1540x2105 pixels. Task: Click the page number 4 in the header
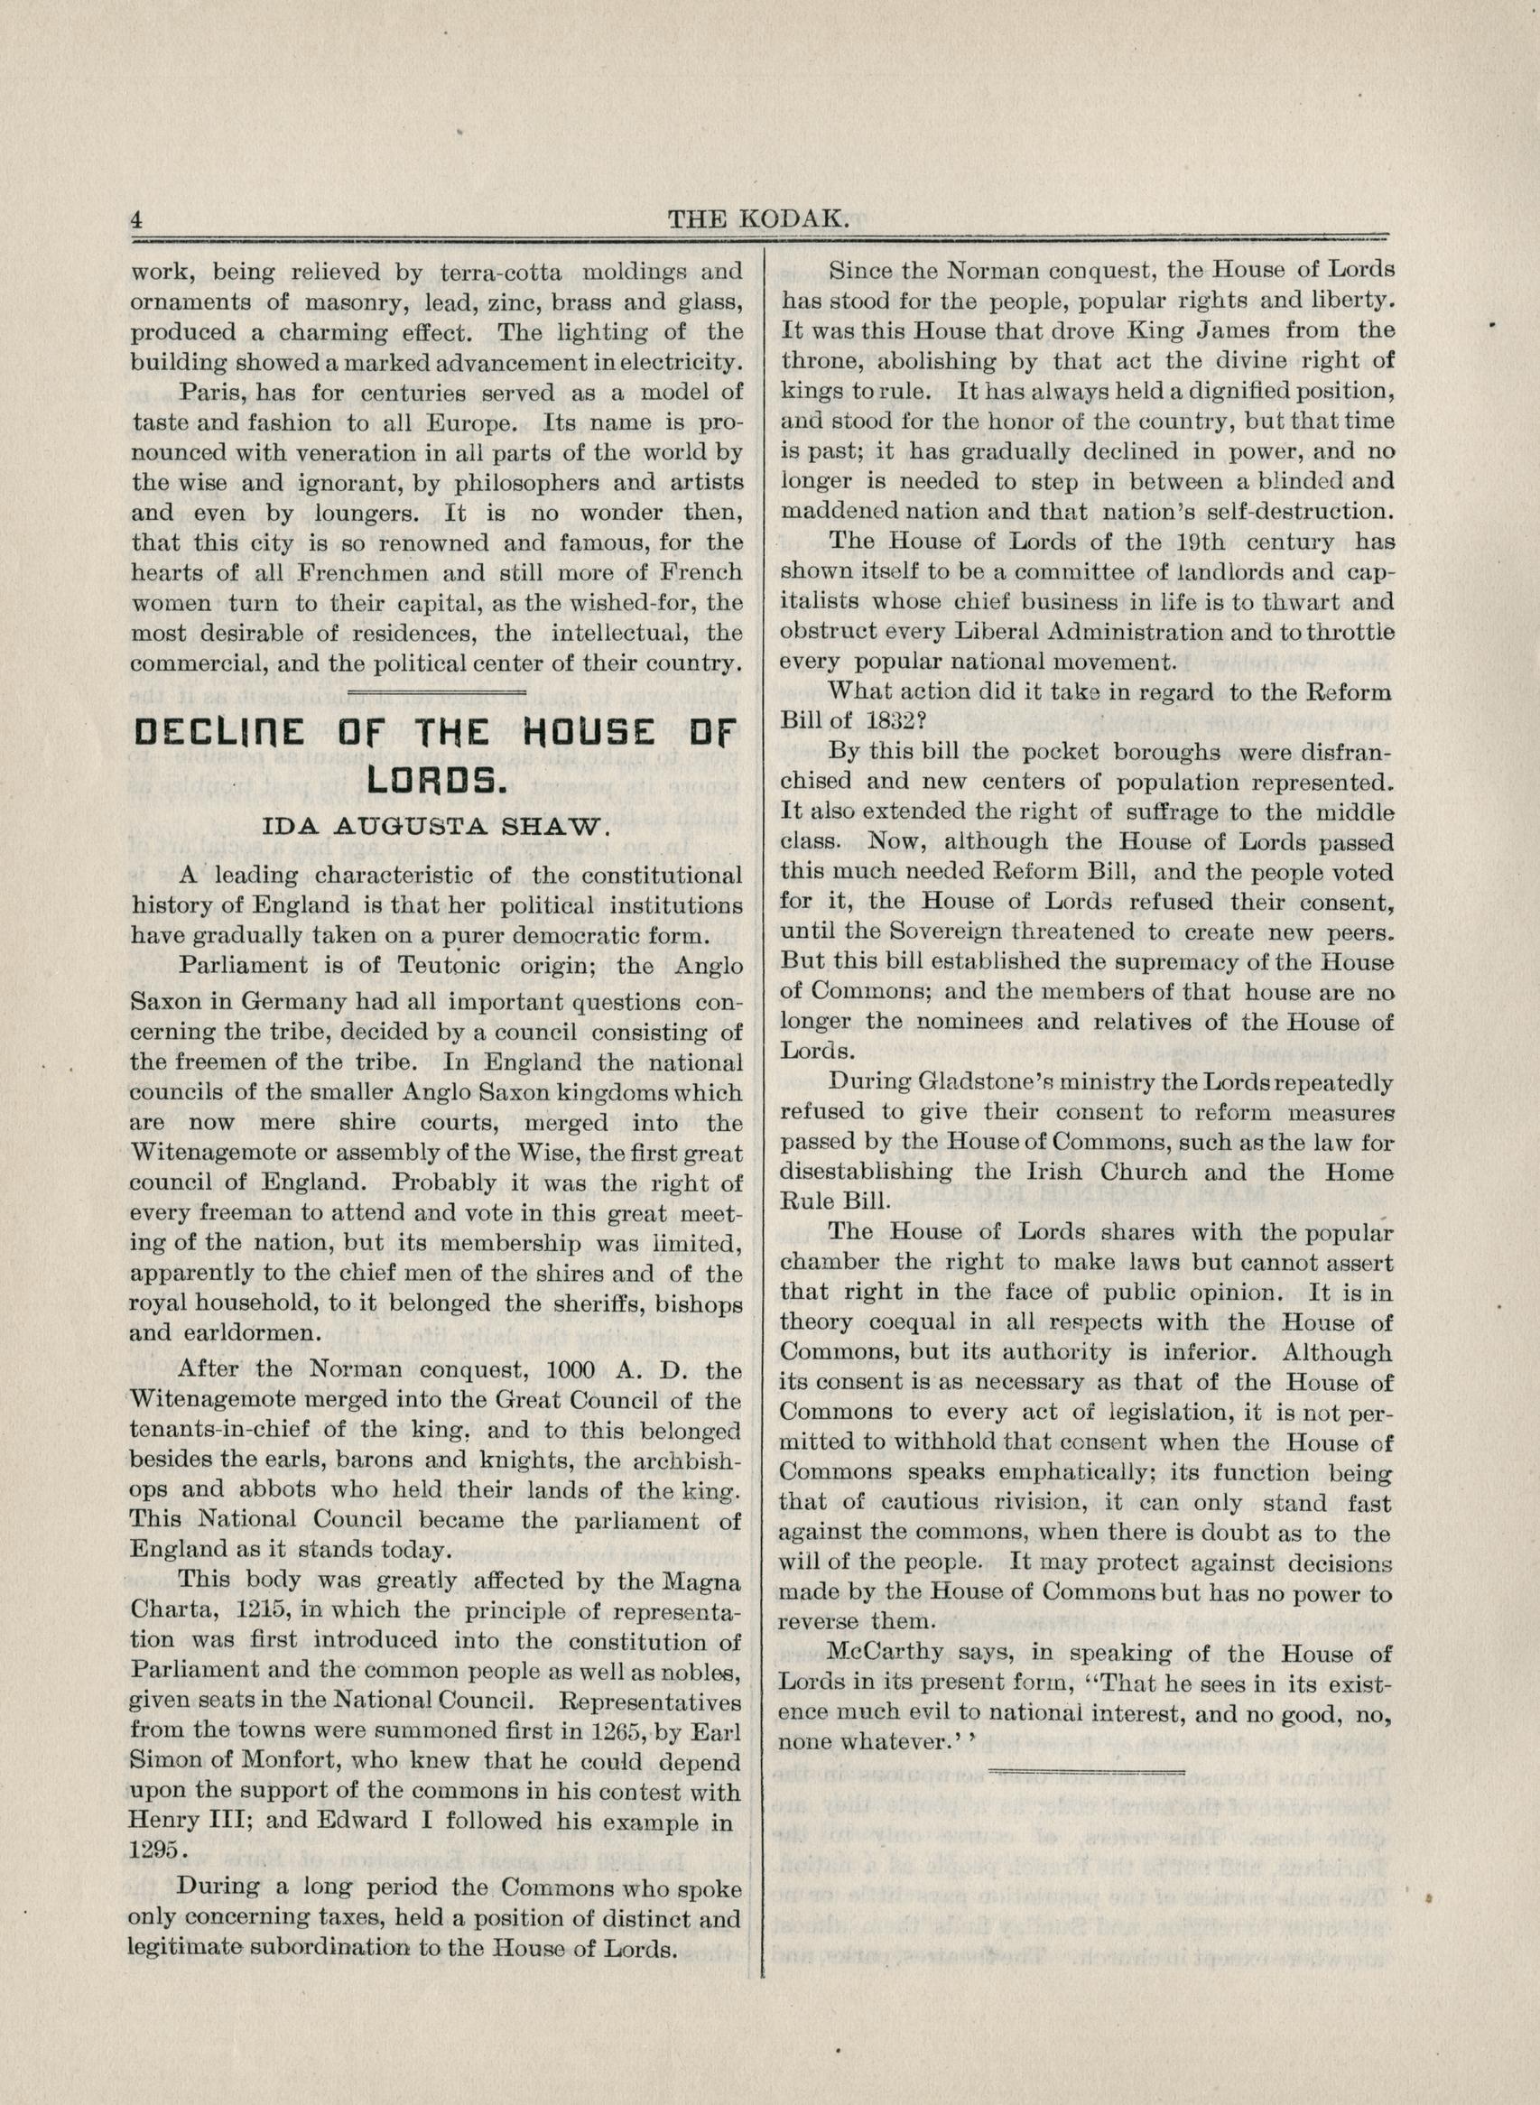(x=137, y=220)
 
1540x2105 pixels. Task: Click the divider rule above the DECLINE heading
(x=436, y=691)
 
